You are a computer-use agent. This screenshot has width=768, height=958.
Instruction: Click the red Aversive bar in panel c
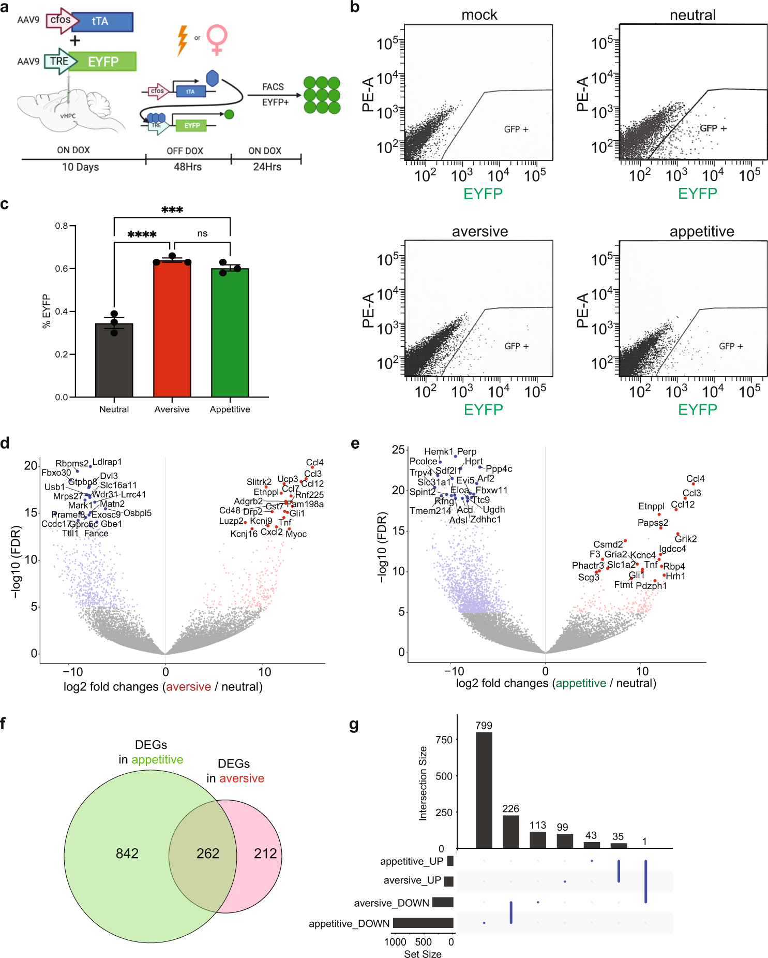(x=172, y=331)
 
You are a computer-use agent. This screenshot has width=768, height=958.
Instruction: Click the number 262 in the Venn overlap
(x=207, y=853)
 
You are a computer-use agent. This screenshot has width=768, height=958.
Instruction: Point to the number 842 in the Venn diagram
(x=127, y=853)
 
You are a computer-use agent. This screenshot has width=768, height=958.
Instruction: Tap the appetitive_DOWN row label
(x=349, y=924)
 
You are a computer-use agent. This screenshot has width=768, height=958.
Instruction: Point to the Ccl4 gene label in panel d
(x=314, y=463)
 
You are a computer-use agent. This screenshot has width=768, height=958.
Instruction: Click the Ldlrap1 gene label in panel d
(x=107, y=462)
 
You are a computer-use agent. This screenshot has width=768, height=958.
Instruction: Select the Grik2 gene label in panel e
(x=685, y=539)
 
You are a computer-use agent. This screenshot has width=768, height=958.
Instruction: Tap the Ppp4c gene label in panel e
(x=499, y=469)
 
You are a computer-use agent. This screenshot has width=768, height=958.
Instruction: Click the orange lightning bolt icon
(x=182, y=40)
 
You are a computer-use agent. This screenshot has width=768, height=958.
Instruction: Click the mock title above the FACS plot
(x=479, y=15)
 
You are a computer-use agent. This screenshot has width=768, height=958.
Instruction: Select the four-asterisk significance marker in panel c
(x=142, y=235)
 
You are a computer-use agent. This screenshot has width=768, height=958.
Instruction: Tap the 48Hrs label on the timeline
(x=187, y=167)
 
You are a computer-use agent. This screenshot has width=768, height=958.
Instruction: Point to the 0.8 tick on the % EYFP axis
(x=62, y=226)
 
